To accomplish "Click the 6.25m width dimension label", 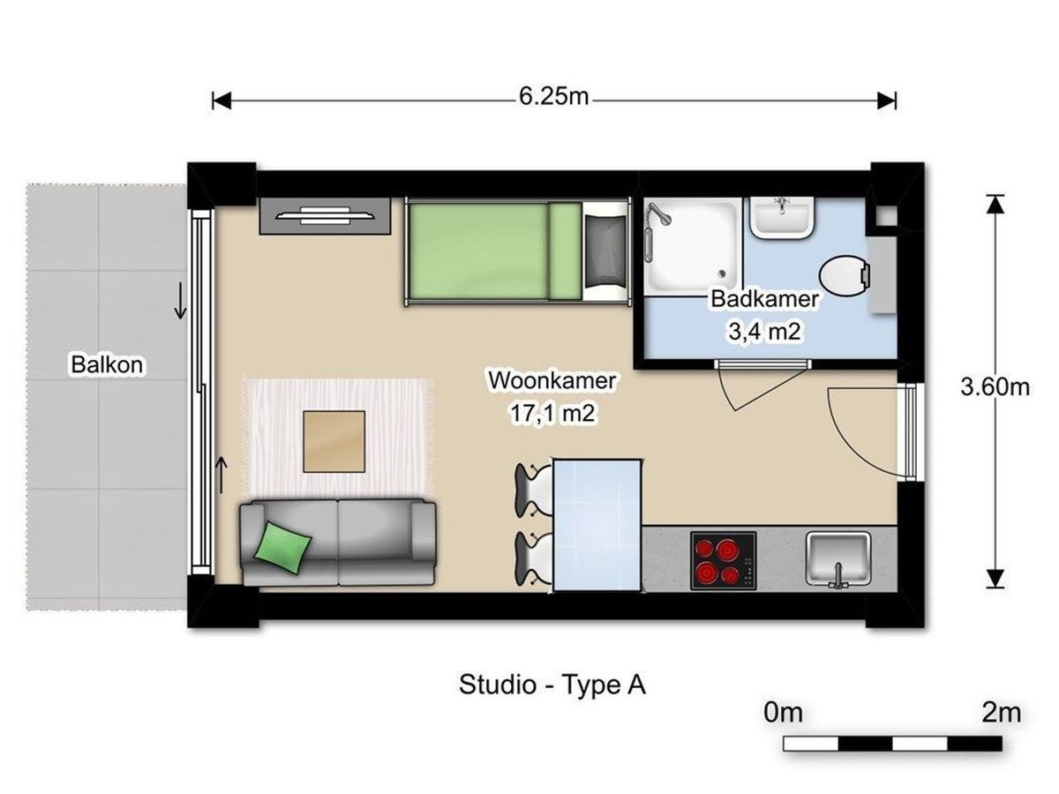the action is tap(554, 97).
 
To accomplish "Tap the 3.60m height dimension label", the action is tap(995, 387).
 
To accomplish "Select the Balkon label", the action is tap(107, 364).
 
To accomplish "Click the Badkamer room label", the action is tap(765, 299).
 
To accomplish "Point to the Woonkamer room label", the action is tap(552, 381).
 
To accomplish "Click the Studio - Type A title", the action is tap(552, 685).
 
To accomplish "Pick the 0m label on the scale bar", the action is tap(784, 713).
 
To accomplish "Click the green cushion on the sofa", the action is tap(282, 548).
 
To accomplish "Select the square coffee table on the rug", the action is tap(334, 442).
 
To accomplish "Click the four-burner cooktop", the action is tap(723, 561).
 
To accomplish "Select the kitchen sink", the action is tap(838, 559).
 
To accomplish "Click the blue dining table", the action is tap(597, 525).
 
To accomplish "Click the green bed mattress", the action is tap(494, 251).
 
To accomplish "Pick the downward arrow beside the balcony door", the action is tap(180, 301).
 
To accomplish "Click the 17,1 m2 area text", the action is tap(552, 413).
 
